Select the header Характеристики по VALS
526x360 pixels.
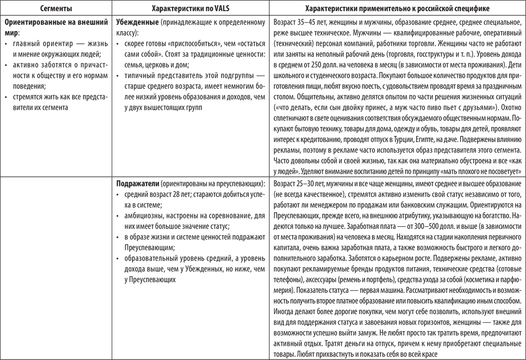coord(190,9)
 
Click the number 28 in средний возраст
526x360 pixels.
coord(171,194)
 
